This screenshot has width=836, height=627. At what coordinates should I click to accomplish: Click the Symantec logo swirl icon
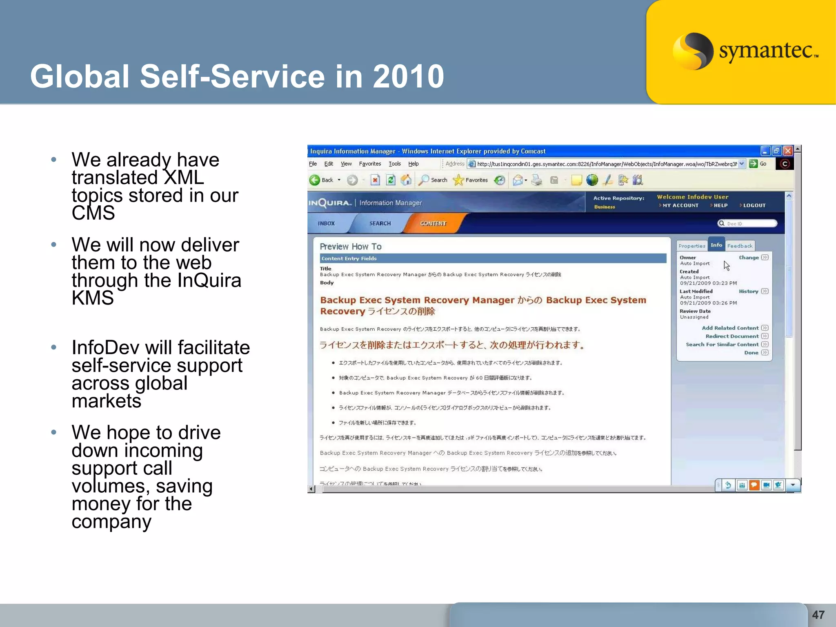point(693,51)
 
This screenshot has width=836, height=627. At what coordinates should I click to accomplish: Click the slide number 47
point(818,615)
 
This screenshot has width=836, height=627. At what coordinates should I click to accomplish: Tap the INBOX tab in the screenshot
point(326,223)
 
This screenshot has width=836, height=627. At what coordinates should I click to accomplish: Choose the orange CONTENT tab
point(433,223)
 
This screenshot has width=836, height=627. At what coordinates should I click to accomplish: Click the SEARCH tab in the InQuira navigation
point(380,223)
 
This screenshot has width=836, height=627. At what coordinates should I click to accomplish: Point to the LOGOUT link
point(754,205)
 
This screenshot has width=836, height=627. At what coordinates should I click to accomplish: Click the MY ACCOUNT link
point(680,205)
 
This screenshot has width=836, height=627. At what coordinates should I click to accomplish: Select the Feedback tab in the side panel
point(740,246)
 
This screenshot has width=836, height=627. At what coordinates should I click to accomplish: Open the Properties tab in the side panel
point(691,246)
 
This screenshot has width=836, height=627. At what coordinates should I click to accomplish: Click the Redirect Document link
point(732,336)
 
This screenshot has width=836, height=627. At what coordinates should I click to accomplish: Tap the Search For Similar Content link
point(722,345)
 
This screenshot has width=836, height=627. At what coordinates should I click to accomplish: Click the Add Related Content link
point(730,328)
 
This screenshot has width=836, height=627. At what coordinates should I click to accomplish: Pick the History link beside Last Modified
point(748,291)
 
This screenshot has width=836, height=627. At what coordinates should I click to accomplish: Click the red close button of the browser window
point(788,151)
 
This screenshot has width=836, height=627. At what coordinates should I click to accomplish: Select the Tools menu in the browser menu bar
point(394,164)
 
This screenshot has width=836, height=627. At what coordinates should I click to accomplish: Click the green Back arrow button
point(315,180)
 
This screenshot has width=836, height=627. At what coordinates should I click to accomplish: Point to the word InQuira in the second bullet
point(209,280)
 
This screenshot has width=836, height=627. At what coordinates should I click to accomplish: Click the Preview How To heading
point(350,247)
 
